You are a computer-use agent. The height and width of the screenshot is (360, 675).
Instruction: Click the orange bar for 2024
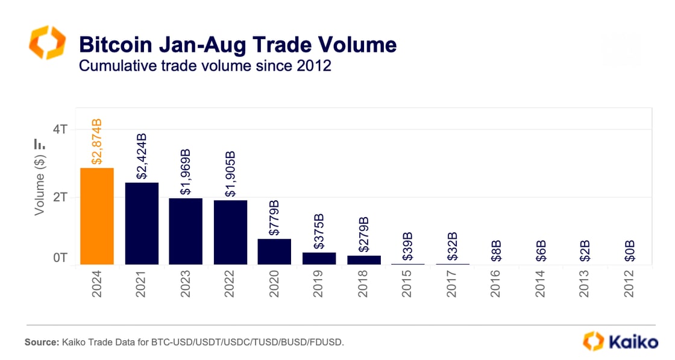pos(97,216)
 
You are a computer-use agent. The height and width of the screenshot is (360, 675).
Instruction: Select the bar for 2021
pos(142,223)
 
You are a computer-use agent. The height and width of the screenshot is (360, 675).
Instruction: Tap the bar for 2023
pos(186,231)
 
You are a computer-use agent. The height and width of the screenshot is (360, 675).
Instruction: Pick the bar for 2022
pos(230,232)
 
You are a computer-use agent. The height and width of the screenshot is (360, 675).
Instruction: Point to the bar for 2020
pos(274,251)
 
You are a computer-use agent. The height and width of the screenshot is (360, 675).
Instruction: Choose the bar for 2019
pos(319,258)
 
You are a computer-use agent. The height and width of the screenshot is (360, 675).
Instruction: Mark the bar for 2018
pos(364,260)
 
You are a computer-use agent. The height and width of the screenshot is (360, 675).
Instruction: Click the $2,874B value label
pos(97,142)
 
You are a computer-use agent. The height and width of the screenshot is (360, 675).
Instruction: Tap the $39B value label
pos(408,247)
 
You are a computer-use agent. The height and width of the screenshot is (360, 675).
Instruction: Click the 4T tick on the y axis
pos(60,129)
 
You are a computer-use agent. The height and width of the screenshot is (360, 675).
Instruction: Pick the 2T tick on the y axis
pos(60,197)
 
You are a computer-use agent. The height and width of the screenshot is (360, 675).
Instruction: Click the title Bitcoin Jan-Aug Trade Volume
pos(238,45)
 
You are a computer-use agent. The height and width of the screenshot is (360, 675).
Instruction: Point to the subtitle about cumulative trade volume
pos(206,65)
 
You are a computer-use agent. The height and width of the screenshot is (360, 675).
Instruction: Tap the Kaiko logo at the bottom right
pos(620,341)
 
